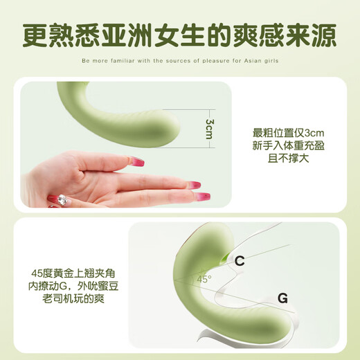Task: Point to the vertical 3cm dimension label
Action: pos(208,128)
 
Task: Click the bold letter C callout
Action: pos(240,261)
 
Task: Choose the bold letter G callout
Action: pos(282,299)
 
